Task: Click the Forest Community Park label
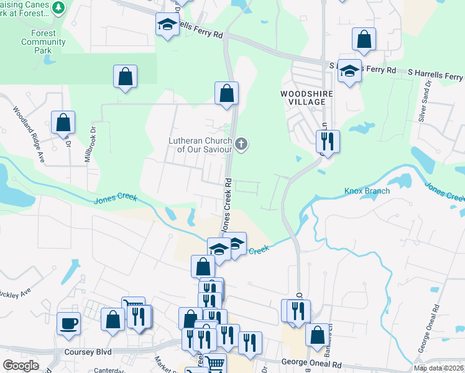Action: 43,38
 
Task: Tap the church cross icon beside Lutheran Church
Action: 241,144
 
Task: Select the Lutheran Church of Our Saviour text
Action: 200,145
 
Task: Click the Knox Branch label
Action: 367,191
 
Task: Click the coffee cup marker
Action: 68,323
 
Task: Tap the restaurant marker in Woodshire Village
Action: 327,141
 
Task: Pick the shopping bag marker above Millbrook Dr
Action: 125,76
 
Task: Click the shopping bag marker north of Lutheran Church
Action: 227,93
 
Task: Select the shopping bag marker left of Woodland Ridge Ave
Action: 63,122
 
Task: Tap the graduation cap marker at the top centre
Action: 166,25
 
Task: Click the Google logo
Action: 21,366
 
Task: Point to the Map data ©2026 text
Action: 438,368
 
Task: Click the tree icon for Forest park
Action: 59,7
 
